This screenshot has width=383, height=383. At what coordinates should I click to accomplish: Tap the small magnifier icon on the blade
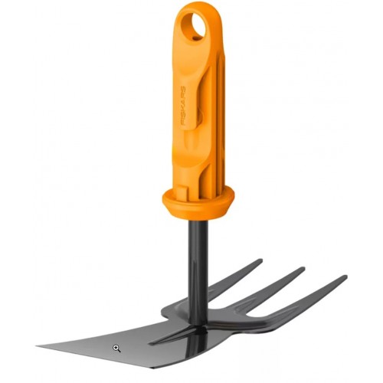click(116, 348)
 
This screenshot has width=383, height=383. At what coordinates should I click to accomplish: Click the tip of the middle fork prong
click(303, 270)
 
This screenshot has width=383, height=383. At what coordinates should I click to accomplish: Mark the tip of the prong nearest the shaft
click(260, 262)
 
